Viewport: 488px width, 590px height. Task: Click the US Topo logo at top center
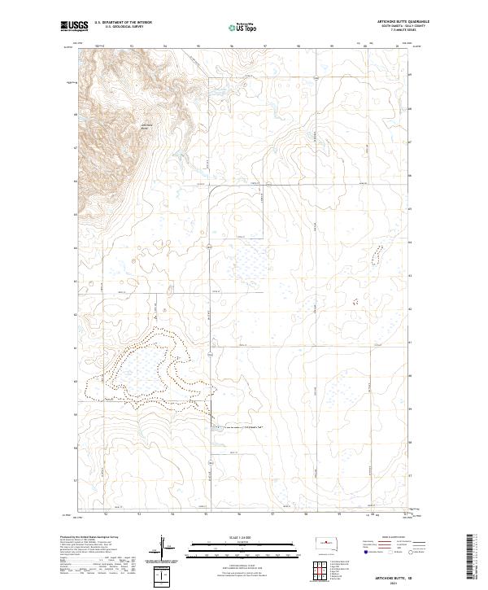click(x=234, y=27)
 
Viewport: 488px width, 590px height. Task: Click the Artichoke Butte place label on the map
click(x=147, y=125)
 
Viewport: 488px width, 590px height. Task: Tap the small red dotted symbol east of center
click(x=355, y=300)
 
